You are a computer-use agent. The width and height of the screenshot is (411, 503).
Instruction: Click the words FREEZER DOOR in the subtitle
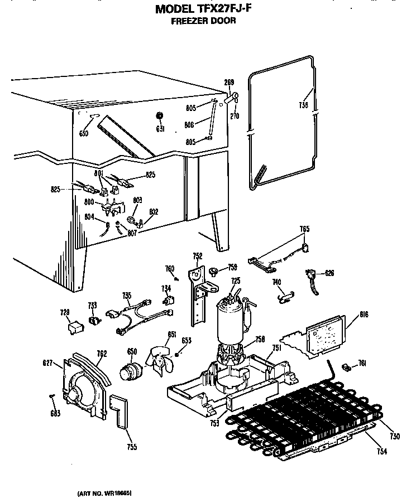(203, 21)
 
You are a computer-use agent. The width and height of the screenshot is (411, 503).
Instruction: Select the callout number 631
(160, 129)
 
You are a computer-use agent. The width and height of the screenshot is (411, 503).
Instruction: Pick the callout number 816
(350, 315)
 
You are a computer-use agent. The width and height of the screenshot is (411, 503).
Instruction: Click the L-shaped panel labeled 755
(120, 413)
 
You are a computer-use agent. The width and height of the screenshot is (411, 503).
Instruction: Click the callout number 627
(47, 364)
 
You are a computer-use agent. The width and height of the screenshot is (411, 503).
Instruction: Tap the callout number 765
(304, 229)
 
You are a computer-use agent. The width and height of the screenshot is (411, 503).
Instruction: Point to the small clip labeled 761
(346, 366)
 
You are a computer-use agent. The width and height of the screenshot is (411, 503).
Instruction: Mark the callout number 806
(189, 125)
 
